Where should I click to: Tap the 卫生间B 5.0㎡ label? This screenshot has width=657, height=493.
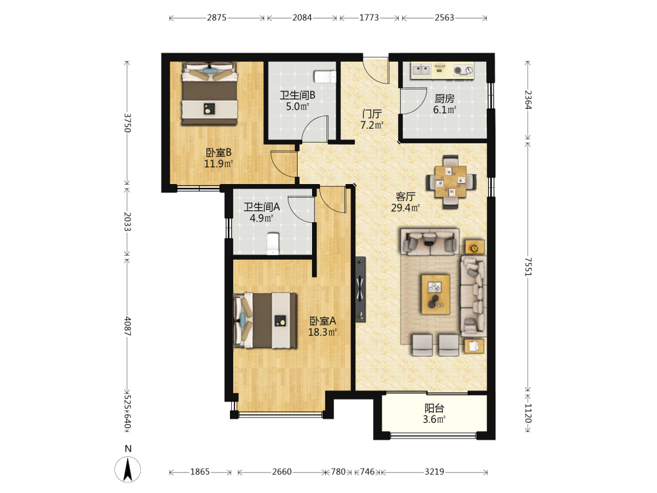pyautogui.click(x=298, y=101)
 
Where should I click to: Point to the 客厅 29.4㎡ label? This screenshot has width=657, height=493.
pyautogui.click(x=405, y=202)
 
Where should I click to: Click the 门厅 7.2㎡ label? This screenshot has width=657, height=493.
pyautogui.click(x=372, y=119)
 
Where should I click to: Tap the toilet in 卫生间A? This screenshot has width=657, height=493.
pyautogui.click(x=273, y=244)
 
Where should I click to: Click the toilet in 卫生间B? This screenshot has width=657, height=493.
pyautogui.click(x=325, y=77)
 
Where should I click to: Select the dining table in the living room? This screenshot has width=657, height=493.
pyautogui.click(x=451, y=181)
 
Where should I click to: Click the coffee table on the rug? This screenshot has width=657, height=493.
pyautogui.click(x=436, y=294)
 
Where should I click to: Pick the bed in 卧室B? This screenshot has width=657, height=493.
pyautogui.click(x=210, y=93)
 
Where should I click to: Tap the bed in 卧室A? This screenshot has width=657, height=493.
pyautogui.click(x=265, y=321)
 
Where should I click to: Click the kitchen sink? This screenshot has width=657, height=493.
pyautogui.click(x=420, y=70)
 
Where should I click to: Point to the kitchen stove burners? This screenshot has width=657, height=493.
pyautogui.click(x=463, y=70)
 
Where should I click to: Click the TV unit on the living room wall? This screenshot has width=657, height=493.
pyautogui.click(x=360, y=289)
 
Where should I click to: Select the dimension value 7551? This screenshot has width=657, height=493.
pyautogui.click(x=528, y=267)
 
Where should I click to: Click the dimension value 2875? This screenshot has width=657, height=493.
pyautogui.click(x=217, y=18)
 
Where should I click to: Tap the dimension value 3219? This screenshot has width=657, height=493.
pyautogui.click(x=434, y=471)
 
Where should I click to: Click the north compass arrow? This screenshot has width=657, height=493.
pyautogui.click(x=128, y=469)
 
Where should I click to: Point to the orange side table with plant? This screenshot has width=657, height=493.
pyautogui.click(x=474, y=248)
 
